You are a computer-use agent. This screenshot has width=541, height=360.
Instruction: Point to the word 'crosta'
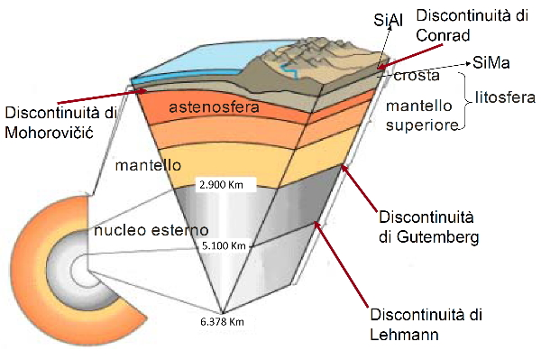pyautogui.click(x=417, y=77)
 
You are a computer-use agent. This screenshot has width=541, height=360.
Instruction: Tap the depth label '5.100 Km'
pyautogui.click(x=225, y=245)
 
